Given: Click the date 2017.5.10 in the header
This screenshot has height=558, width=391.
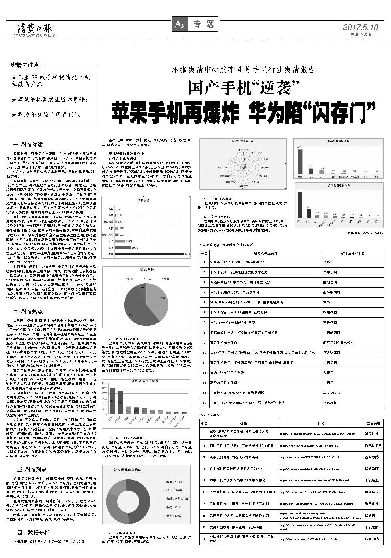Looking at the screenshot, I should tap(360, 27).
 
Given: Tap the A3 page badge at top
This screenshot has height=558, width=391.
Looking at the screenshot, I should tap(179, 24).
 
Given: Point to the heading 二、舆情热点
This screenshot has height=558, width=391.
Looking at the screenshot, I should tap(28, 311).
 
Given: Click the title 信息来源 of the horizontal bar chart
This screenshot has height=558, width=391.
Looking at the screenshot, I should tap(143, 200).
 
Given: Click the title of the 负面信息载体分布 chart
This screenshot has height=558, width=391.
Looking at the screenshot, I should tap(338, 186).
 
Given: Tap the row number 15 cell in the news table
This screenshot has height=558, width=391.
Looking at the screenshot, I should tap(204, 402).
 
